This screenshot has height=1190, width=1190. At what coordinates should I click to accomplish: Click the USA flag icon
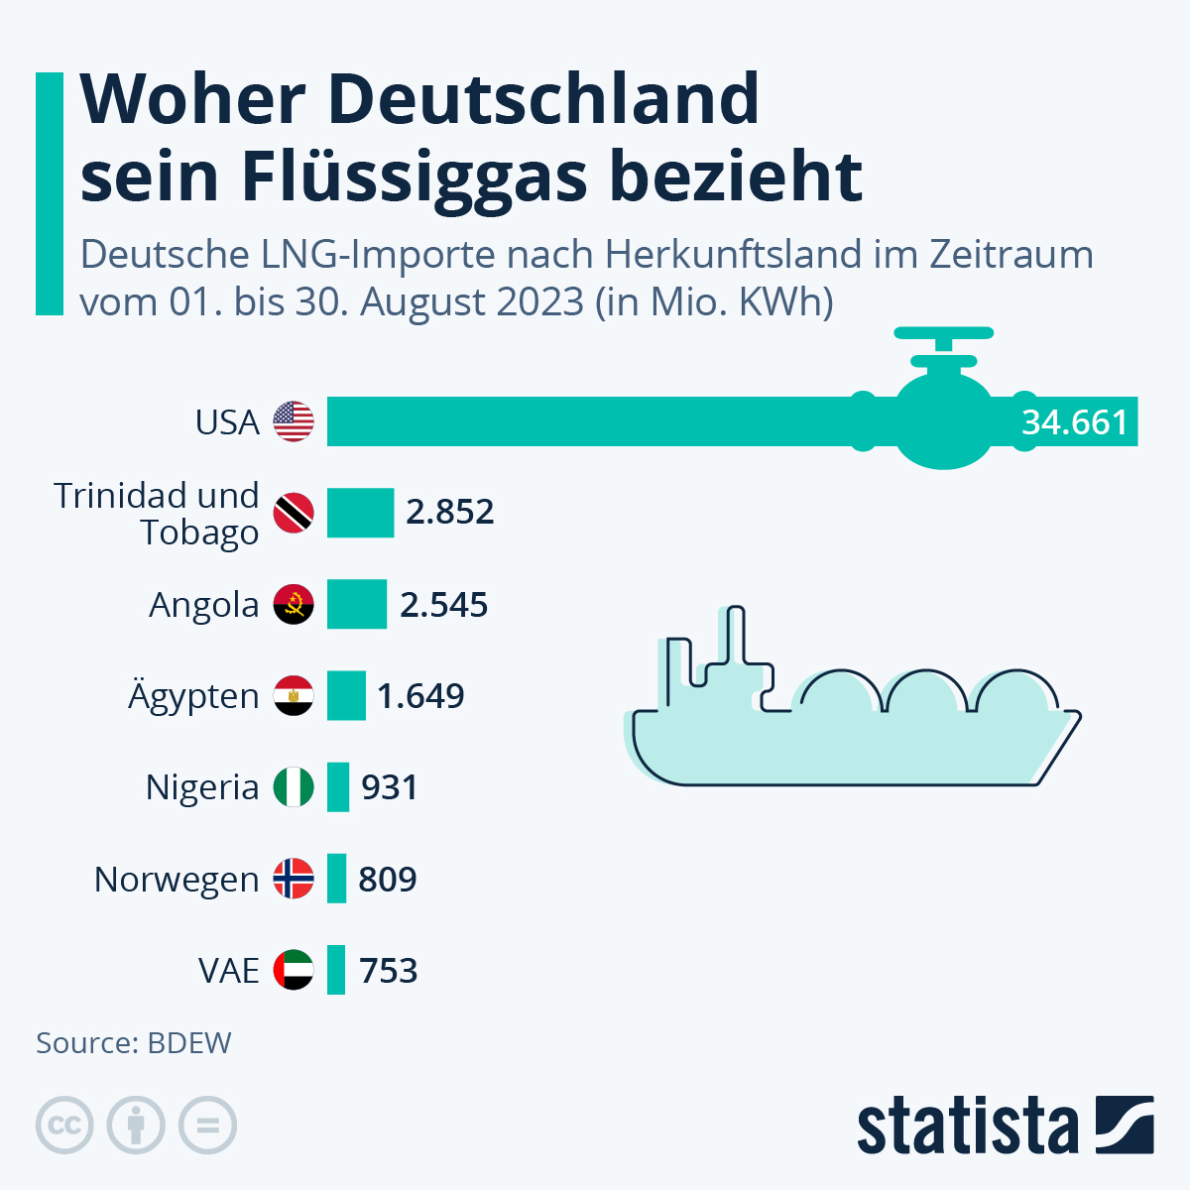(294, 421)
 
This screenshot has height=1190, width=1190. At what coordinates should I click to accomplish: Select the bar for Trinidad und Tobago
(360, 513)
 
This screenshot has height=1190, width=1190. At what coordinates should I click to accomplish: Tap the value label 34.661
(1075, 422)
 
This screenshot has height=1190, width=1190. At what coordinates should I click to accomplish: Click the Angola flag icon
(294, 604)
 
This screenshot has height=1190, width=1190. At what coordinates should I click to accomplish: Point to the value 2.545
(443, 605)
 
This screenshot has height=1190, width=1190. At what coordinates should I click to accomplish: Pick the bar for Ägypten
(346, 696)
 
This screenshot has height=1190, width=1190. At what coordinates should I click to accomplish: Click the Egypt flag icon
(294, 696)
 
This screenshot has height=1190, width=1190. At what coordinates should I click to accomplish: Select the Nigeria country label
(202, 787)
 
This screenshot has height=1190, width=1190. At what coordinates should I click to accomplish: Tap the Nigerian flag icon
(294, 787)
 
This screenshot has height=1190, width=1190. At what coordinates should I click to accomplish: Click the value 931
(390, 787)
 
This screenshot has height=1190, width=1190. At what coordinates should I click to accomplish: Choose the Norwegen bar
(337, 879)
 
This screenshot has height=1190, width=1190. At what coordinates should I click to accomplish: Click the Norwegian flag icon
(294, 879)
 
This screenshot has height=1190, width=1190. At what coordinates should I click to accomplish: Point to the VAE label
(229, 970)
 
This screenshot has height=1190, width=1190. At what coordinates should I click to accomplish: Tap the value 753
(388, 970)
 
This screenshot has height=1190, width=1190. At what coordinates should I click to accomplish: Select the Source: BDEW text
(134, 1043)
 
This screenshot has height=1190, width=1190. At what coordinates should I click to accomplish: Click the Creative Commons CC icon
(64, 1126)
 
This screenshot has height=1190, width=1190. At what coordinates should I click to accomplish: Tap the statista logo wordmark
(967, 1127)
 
